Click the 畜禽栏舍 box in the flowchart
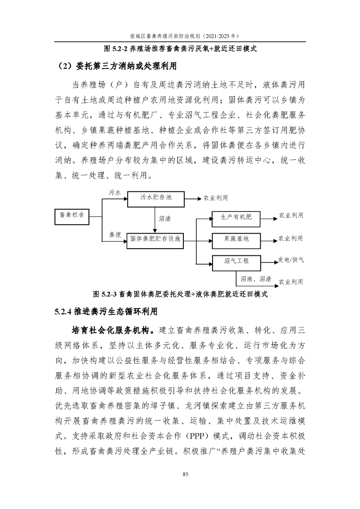pos(71,217)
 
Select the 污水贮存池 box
pos(156,199)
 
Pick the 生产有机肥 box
pos(236,219)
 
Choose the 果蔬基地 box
pos(236,241)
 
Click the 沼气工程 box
pos(236,263)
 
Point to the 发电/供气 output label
pos(291,259)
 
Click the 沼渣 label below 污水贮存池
pos(165,219)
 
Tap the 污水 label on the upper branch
pos(115,192)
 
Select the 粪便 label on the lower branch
pos(115,235)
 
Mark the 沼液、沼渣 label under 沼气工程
pos(256,279)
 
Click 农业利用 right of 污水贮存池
pos(216,198)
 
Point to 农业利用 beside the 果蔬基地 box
pos(291,239)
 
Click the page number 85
pos(186,474)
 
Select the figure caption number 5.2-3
pos(109,294)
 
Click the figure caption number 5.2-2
pos(120,49)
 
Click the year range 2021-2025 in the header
pos(219,36)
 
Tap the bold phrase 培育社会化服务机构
pos(110,330)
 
